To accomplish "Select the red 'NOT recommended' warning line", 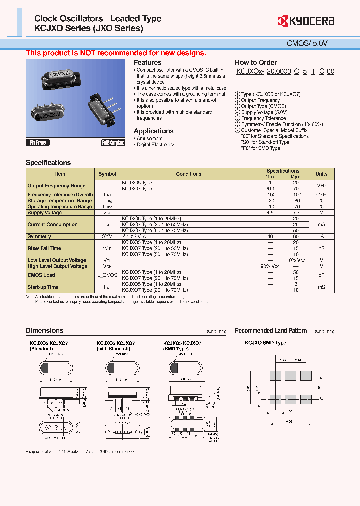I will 116,53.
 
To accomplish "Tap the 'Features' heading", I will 147,62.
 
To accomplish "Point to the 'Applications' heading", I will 153,131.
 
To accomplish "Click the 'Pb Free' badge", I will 37,143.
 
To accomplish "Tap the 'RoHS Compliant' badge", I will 113,143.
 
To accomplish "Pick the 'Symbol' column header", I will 107,174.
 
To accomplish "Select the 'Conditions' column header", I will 188,174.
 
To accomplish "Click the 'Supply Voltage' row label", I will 45,213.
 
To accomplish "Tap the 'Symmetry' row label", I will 39,236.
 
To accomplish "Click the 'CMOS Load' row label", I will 41,275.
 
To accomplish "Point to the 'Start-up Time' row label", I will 43,287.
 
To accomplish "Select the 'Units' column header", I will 321,174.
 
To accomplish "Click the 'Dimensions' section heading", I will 44,330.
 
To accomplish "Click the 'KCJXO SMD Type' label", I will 265,343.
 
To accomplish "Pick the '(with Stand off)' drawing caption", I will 114,348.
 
